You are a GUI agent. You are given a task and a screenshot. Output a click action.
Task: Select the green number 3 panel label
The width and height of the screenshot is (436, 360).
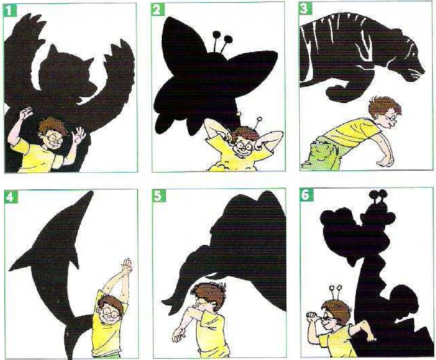(305, 8)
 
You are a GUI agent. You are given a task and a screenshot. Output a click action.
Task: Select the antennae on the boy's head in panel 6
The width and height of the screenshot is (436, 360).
(335, 293)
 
